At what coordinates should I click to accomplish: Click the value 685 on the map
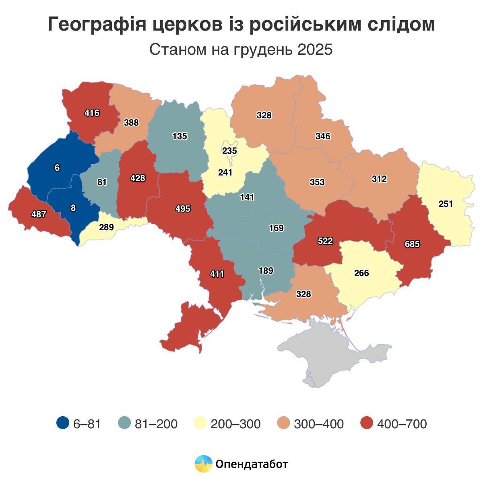pos(412,244)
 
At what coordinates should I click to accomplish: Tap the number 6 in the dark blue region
pos(57,168)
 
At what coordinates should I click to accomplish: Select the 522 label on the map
pos(325,241)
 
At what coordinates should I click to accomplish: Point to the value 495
pos(183,208)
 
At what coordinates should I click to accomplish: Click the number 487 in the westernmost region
pos(39,215)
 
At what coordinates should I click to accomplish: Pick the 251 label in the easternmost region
pos(446,204)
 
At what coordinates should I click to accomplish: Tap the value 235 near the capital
pos(229,151)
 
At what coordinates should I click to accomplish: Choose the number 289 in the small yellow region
pos(106,227)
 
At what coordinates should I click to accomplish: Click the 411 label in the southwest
pos(217,274)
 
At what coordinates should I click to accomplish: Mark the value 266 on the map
pos(361,273)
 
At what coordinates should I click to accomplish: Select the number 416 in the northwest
pos(92,113)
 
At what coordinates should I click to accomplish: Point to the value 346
pos(323,136)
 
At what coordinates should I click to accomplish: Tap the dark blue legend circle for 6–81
pos(63,423)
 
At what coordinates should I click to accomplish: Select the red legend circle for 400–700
pos(367,423)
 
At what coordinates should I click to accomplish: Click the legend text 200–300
pos(235,424)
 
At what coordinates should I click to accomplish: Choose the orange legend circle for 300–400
pos(284,423)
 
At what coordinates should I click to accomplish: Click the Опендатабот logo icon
pos(203,464)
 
